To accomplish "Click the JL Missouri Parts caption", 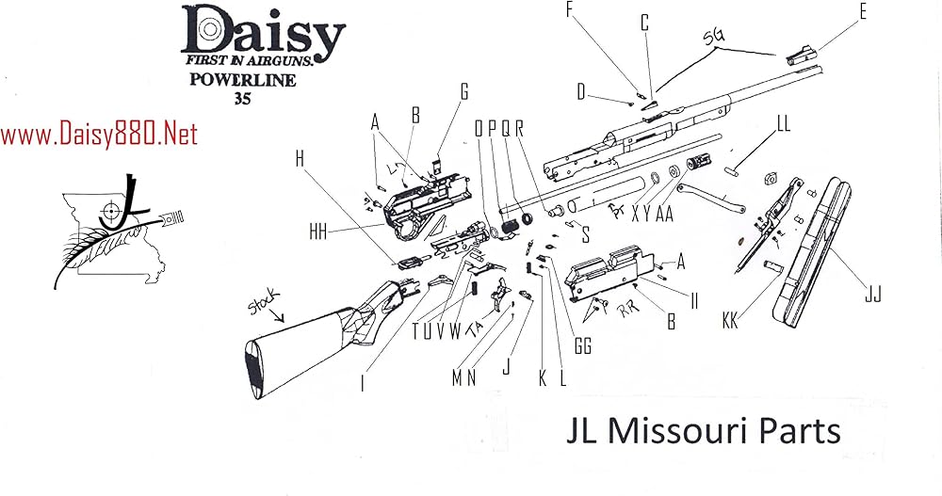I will click(702, 431).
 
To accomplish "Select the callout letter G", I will click(463, 91).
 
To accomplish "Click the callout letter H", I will click(300, 159).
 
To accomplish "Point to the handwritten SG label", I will click(717, 38).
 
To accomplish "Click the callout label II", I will click(694, 302).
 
